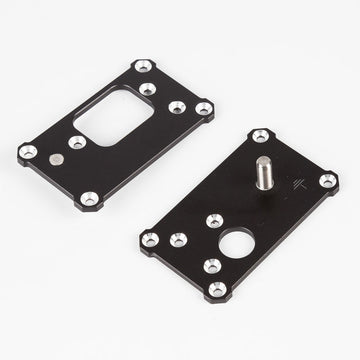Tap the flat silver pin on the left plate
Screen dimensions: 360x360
click(55, 158)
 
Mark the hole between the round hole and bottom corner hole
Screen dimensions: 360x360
click(212, 264)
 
